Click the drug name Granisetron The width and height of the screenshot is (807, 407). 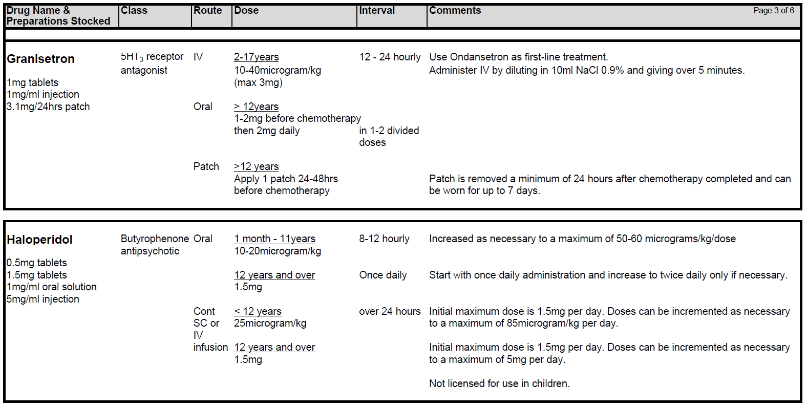[x=40, y=59]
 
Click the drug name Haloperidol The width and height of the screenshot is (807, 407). [x=39, y=240]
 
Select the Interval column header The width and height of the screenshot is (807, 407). [x=377, y=10]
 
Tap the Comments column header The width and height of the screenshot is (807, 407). [x=455, y=10]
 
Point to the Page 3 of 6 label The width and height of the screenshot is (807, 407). [x=773, y=10]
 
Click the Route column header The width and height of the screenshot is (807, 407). [x=207, y=10]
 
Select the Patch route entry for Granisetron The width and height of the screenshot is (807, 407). [x=206, y=166]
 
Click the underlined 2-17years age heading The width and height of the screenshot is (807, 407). [x=256, y=57]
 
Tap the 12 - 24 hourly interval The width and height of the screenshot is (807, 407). [x=390, y=57]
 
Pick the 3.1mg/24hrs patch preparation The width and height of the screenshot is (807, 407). [x=48, y=106]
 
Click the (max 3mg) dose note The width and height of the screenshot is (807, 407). [x=258, y=82]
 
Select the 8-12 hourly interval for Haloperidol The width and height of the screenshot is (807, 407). [x=384, y=239]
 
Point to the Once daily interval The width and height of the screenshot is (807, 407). [x=383, y=275]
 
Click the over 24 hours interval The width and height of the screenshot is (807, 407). [x=390, y=311]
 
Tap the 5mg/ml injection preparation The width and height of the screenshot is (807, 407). [x=43, y=299]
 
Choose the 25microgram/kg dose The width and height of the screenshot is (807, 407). [x=270, y=323]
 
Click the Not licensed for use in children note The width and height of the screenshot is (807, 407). [x=499, y=383]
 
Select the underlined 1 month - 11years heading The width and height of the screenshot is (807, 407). [x=274, y=239]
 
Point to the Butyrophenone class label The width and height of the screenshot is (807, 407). [x=155, y=239]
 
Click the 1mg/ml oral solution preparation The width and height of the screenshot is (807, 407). [x=51, y=287]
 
